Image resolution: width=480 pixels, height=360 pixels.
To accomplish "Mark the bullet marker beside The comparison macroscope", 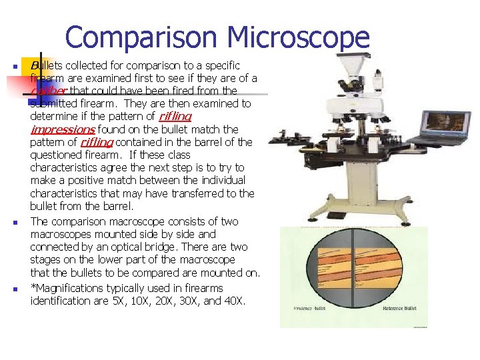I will point(14,223).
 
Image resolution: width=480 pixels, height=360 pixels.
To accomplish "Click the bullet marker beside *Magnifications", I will point(14,289).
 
